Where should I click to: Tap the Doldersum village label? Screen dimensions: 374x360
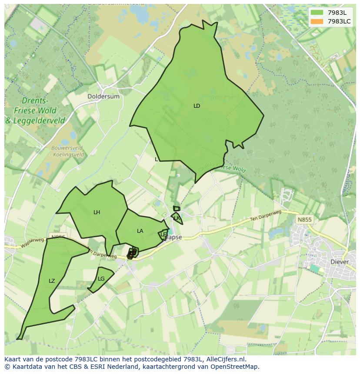(x=103, y=96)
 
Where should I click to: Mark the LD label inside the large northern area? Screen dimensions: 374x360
(x=197, y=106)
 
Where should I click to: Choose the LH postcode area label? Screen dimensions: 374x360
(x=97, y=212)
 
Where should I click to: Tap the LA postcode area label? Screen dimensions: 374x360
(x=140, y=231)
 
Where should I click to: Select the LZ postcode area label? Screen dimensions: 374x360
(x=52, y=281)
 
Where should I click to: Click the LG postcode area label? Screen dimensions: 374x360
(x=101, y=279)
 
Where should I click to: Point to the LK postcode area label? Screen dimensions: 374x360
(x=177, y=218)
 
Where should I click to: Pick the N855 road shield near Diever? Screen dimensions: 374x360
(x=304, y=220)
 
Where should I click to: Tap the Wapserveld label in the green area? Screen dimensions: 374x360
(x=224, y=97)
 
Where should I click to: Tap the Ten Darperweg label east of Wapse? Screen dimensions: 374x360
(x=266, y=216)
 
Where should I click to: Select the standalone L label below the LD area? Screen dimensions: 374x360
(x=157, y=159)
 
